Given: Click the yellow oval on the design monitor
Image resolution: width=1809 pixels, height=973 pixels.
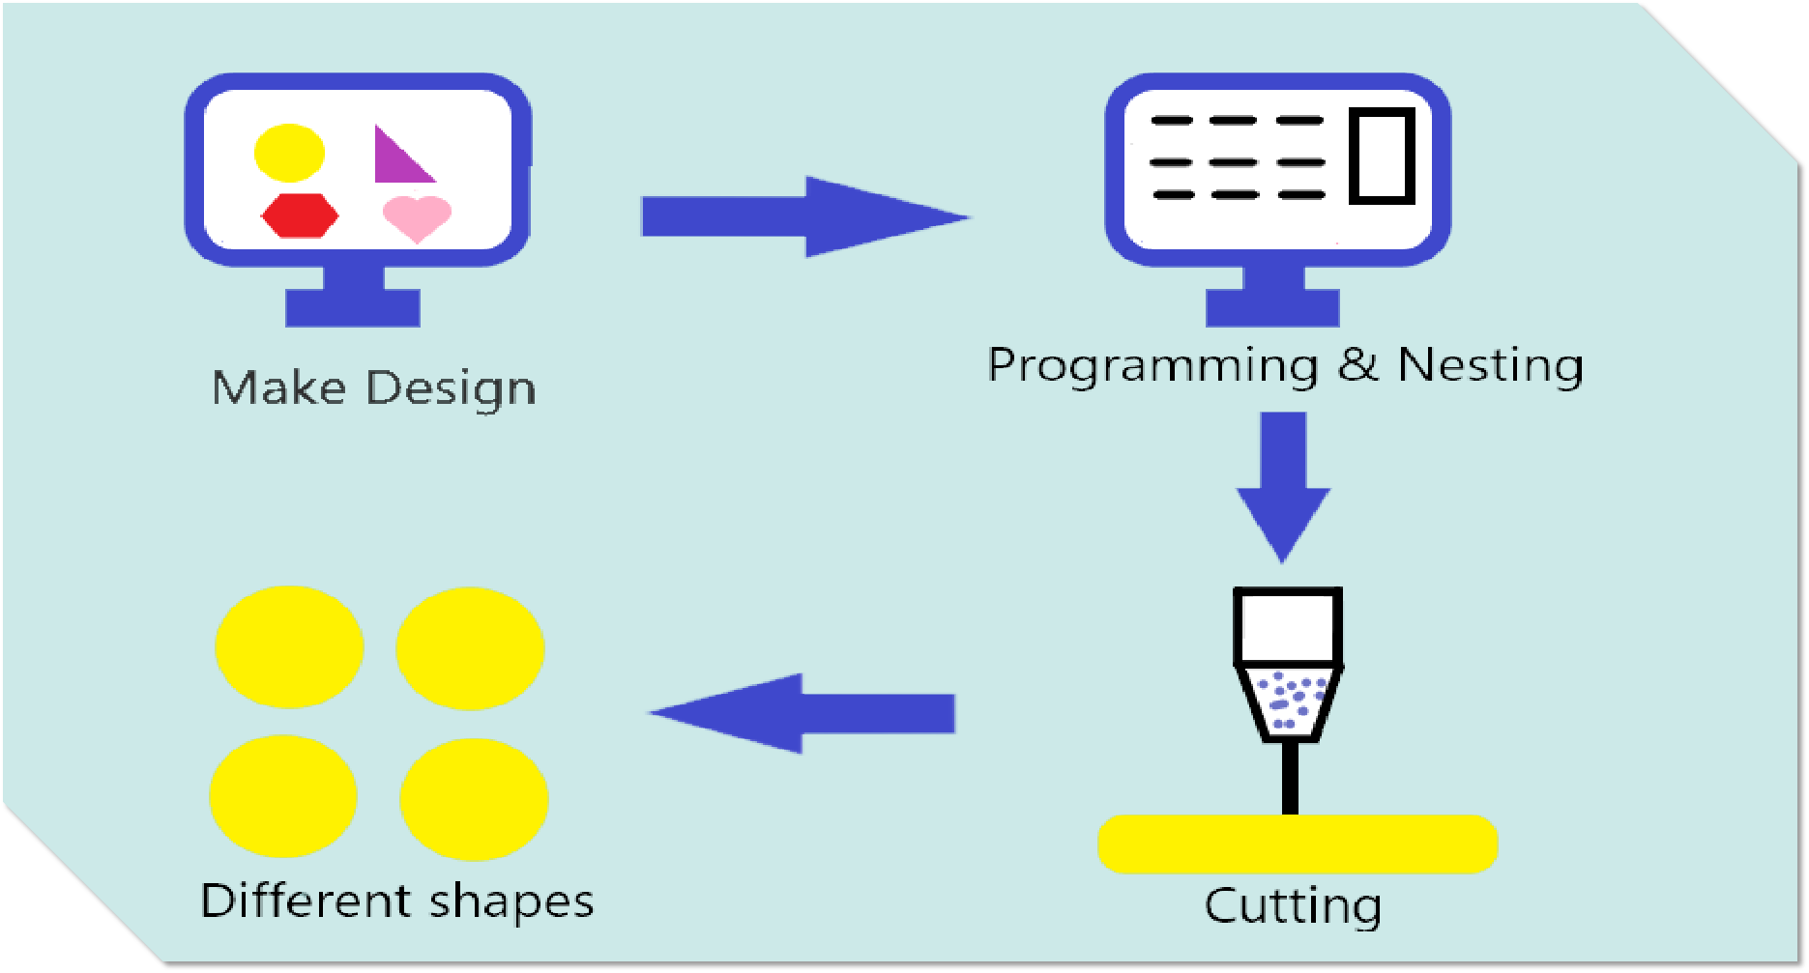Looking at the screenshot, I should [289, 153].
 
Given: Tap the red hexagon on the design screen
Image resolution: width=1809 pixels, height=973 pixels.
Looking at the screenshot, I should [300, 215].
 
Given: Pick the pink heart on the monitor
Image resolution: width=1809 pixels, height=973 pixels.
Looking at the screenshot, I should [417, 216].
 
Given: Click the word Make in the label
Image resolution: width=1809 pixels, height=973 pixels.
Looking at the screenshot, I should [278, 388].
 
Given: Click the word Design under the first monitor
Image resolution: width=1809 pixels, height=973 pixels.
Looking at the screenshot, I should [451, 389].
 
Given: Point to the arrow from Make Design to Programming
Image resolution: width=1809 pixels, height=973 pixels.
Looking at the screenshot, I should [802, 216].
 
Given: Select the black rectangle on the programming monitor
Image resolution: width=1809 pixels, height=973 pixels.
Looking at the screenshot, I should [1382, 156].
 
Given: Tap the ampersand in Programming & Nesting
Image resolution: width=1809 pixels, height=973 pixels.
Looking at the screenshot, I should [1358, 364].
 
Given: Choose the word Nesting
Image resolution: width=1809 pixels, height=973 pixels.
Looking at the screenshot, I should [1490, 366].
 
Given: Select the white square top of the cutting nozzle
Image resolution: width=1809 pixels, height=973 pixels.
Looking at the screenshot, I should [1288, 626].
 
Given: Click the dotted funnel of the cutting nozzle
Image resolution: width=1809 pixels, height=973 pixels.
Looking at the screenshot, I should [1288, 701].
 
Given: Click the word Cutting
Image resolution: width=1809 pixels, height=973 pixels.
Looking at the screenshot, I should [1293, 906].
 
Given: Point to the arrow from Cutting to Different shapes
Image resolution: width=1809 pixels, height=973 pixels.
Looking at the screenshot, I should [802, 713].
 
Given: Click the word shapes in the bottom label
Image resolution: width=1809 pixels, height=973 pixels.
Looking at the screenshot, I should [511, 902].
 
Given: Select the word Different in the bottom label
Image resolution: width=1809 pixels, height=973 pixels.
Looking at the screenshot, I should [306, 901].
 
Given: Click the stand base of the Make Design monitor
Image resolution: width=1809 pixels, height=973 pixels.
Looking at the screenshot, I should [353, 307].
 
